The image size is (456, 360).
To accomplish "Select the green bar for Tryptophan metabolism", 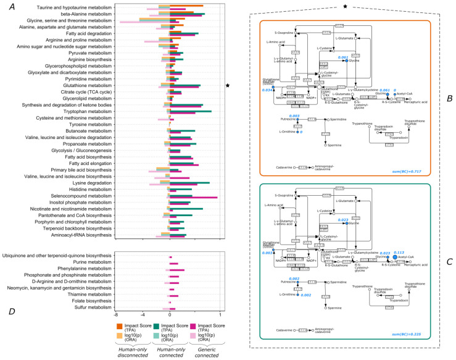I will pyautogui.click(x=191, y=111).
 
